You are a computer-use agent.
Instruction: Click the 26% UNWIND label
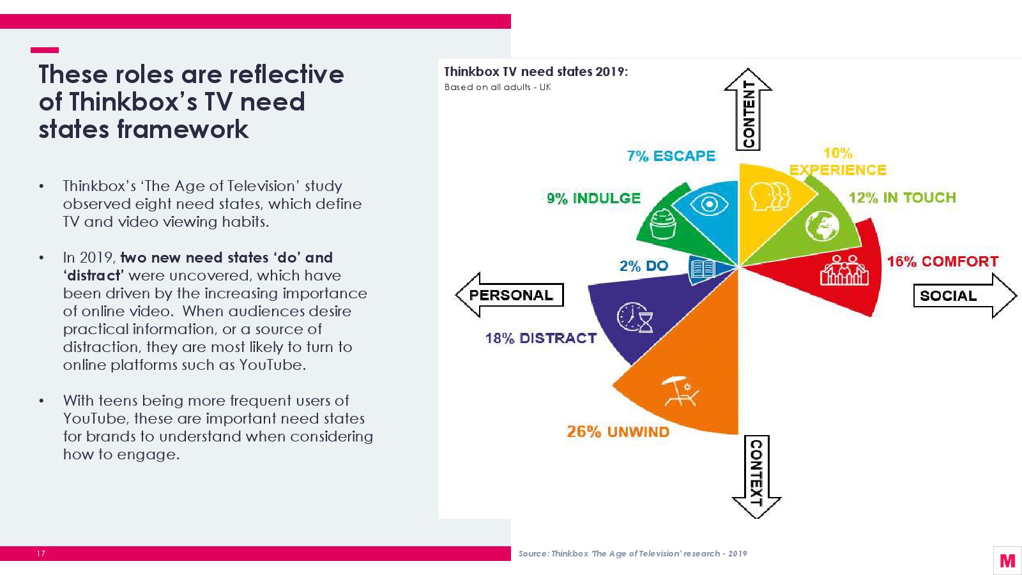[x=618, y=432]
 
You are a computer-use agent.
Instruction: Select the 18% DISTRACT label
[x=540, y=338]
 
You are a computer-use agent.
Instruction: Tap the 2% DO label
[x=643, y=266]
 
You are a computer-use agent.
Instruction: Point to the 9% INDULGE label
[x=593, y=198]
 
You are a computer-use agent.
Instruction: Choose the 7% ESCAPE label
[x=671, y=156]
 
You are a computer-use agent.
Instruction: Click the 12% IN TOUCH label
[x=902, y=197]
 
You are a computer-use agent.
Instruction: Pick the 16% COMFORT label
[x=942, y=261]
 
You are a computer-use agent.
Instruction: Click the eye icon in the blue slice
[x=709, y=204]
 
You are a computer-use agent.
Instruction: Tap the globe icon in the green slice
[x=822, y=226]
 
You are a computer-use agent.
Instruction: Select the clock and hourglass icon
[x=635, y=318]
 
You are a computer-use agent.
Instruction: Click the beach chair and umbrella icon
[x=680, y=391]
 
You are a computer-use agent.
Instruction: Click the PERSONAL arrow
[x=510, y=295]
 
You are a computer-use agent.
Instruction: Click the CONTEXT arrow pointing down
[x=756, y=476]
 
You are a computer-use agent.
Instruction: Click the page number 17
[x=41, y=553]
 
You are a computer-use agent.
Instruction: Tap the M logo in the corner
[x=1007, y=560]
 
